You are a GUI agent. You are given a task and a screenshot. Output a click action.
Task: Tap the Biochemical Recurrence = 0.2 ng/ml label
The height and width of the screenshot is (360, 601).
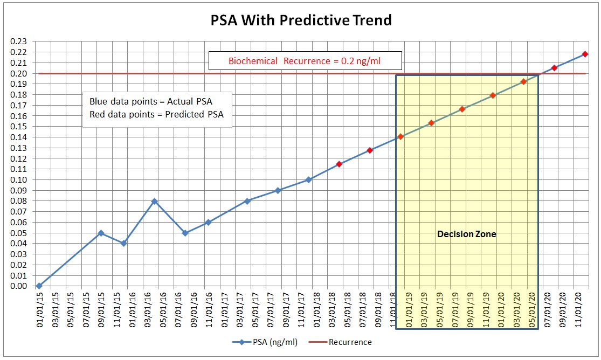304,61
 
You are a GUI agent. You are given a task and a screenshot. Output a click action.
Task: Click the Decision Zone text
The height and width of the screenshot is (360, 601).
466,234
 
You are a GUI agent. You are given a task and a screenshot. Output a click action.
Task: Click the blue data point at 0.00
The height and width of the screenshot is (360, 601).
39,286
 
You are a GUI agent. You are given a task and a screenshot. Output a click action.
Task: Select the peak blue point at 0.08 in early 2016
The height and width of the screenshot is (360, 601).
154,201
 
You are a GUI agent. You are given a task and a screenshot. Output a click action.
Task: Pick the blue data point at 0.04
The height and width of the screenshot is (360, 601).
123,244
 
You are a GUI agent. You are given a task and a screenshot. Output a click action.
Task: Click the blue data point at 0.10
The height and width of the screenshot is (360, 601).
308,180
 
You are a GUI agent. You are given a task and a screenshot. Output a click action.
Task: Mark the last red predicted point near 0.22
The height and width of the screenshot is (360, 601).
585,54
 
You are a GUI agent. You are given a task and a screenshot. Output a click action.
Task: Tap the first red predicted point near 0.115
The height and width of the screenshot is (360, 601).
339,164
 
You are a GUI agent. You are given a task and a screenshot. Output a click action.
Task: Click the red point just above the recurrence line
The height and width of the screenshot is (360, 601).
554,68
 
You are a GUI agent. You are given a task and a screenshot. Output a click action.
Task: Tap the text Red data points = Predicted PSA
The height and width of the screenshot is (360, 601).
157,114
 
